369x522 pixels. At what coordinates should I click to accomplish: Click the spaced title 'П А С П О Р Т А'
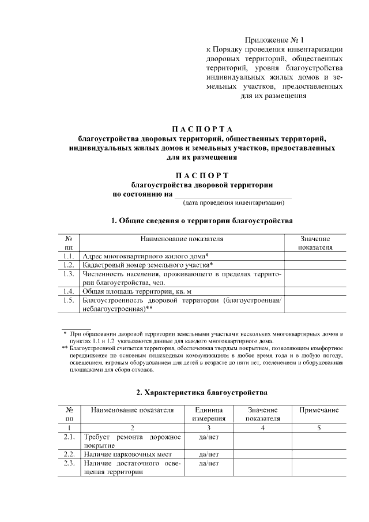[201, 128]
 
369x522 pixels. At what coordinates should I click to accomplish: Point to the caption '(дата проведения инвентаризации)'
[234, 203]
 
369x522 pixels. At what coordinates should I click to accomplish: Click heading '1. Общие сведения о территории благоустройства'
[202, 220]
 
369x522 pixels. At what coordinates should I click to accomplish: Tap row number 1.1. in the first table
[69, 256]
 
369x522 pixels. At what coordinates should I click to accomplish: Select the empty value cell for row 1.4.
[315, 291]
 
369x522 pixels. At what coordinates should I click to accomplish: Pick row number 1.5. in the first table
[69, 301]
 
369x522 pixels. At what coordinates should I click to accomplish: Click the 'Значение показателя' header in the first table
[315, 242]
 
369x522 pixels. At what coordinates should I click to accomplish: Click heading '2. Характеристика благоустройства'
[201, 392]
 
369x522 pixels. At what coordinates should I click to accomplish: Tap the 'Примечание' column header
[319, 410]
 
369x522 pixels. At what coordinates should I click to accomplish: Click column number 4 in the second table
[262, 428]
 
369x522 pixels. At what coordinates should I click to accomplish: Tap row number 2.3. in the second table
[69, 463]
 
